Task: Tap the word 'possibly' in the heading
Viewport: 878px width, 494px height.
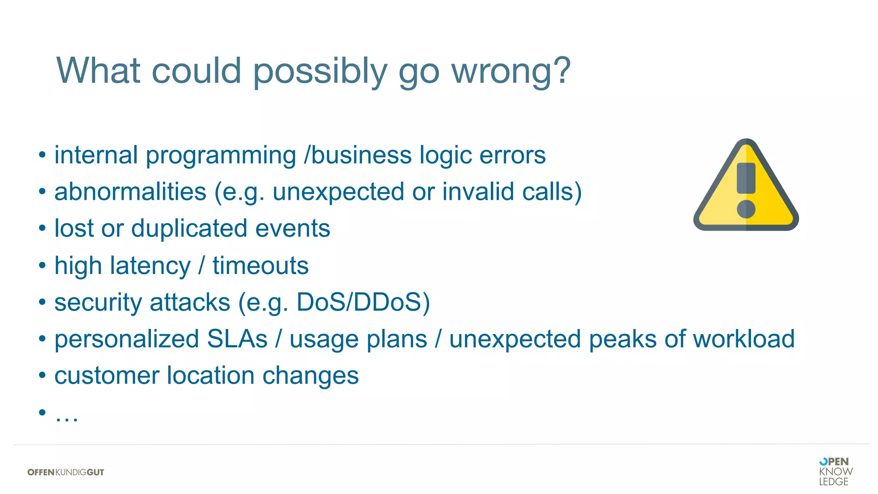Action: click(x=320, y=72)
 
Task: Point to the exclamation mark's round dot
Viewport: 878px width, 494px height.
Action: click(x=746, y=209)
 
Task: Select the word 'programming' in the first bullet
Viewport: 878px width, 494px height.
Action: click(x=221, y=156)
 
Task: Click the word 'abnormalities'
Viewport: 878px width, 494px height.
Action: click(x=130, y=192)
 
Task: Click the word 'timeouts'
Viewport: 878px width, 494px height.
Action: click(x=260, y=265)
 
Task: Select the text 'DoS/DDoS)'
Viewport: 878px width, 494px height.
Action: click(x=363, y=302)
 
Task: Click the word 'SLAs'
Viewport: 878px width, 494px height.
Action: click(x=237, y=339)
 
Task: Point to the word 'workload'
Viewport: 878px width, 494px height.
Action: click(x=743, y=339)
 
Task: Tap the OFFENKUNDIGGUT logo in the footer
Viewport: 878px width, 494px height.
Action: click(x=66, y=472)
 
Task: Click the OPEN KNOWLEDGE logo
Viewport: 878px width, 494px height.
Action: click(x=835, y=471)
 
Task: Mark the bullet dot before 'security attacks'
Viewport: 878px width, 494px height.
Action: click(x=42, y=302)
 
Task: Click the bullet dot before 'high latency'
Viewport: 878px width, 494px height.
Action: click(x=42, y=265)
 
